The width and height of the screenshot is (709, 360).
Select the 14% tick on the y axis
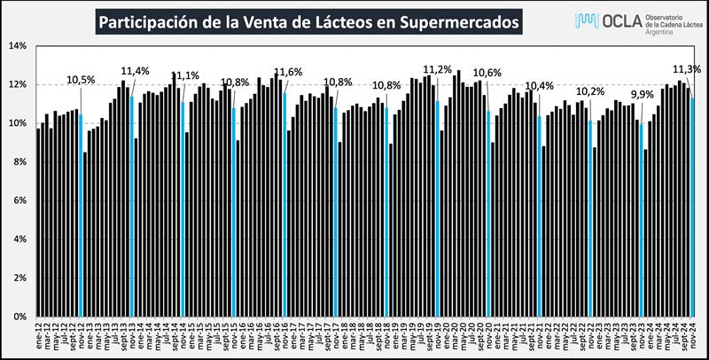click(x=19, y=46)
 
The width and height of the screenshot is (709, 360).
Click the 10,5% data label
click(x=80, y=81)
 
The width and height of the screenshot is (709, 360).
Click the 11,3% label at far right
click(x=688, y=68)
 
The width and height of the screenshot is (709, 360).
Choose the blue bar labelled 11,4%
click(x=132, y=204)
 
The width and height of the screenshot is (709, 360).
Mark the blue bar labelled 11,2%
click(x=438, y=208)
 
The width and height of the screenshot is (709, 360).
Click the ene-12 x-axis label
click(x=39, y=336)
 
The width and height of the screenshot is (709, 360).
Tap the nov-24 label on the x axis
click(x=692, y=336)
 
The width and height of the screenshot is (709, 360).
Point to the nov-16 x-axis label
click(x=285, y=336)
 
